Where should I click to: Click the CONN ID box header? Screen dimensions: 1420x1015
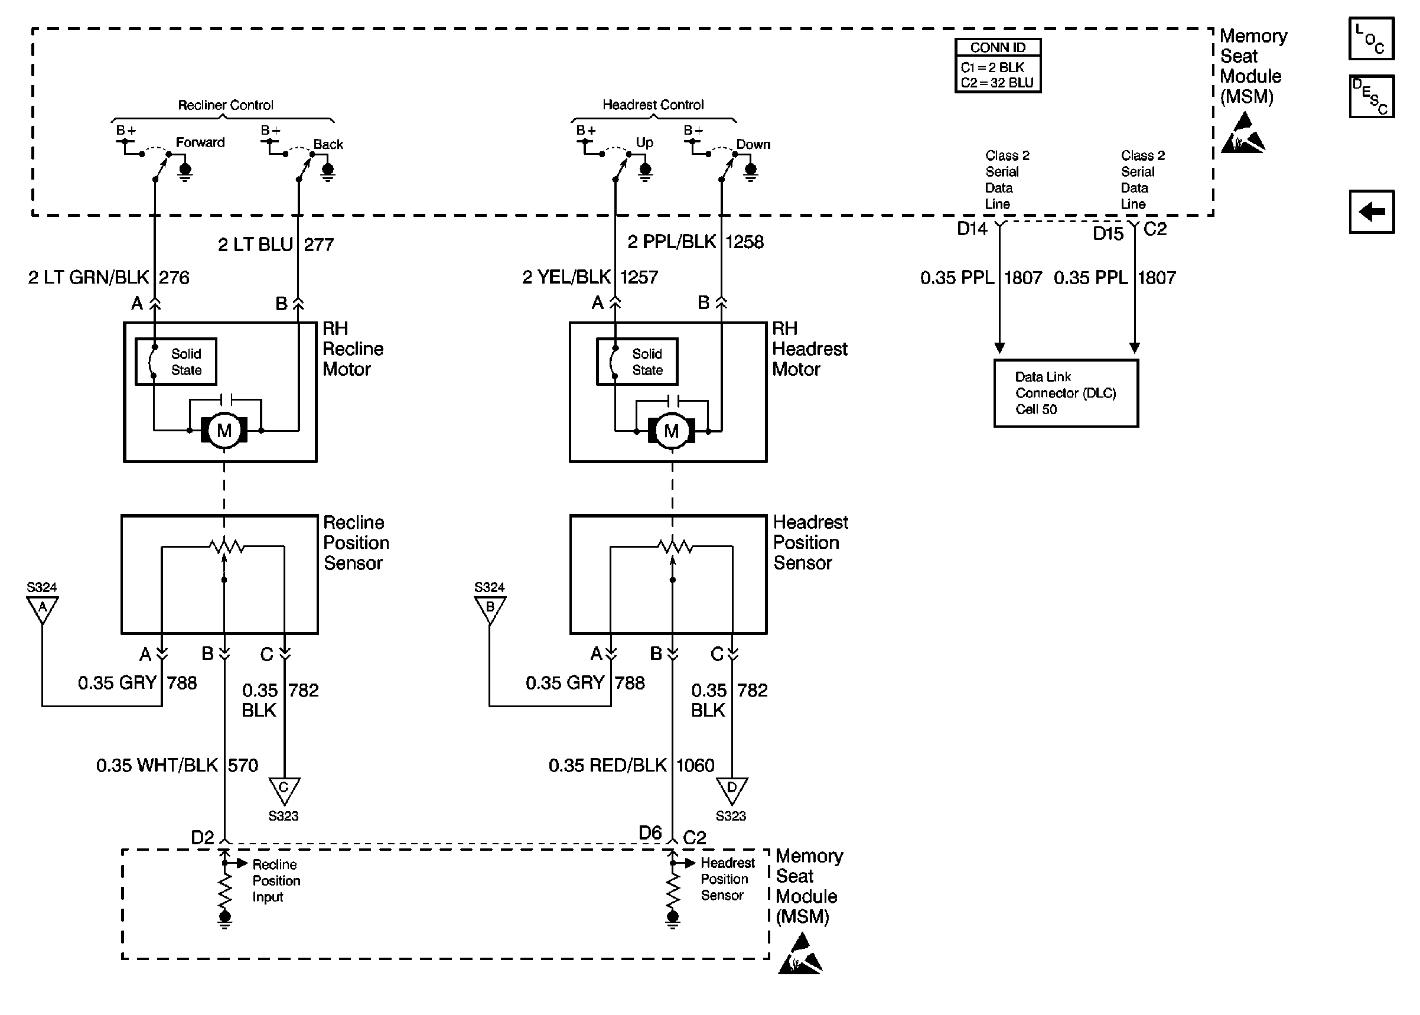tap(998, 47)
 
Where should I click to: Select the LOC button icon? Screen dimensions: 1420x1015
tap(1372, 39)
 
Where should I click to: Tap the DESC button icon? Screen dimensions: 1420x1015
tap(1372, 96)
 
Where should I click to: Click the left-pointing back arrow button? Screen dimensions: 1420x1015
tap(1372, 212)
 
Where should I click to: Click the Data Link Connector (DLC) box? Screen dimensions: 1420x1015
tap(1066, 393)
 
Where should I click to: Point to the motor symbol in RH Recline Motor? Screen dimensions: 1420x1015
tap(224, 430)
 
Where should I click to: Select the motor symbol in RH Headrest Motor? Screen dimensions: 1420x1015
tap(672, 430)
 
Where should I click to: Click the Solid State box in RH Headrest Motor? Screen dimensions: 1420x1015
tap(637, 361)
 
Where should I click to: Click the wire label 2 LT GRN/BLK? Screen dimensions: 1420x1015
tap(89, 277)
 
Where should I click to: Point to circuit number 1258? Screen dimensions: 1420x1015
tap(745, 242)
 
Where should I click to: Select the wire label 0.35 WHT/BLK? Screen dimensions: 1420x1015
tap(158, 765)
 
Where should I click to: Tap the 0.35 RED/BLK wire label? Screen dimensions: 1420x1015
tap(608, 765)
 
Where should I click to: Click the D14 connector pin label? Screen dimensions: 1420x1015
tap(972, 229)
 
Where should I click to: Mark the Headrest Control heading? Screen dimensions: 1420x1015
tap(653, 105)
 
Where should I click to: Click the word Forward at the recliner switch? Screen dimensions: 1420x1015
tap(200, 142)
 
